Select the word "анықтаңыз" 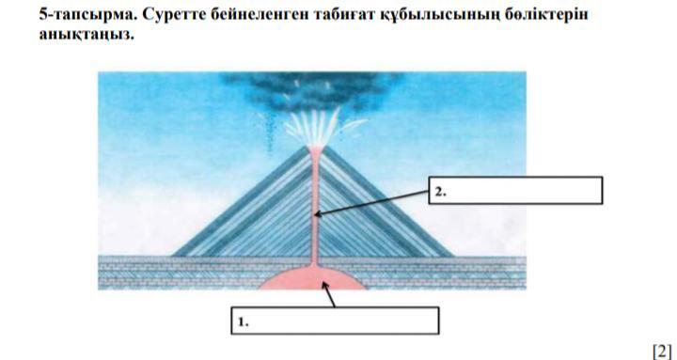[x=87, y=35]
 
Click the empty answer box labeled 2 [x=515, y=190]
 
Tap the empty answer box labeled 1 [x=335, y=321]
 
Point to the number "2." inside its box [x=440, y=192]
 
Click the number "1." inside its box [x=244, y=322]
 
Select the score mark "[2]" [x=662, y=350]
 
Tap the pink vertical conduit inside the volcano [x=315, y=207]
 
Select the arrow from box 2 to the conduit [x=371, y=202]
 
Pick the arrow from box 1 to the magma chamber [x=328, y=294]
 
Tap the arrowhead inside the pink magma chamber [x=324, y=285]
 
